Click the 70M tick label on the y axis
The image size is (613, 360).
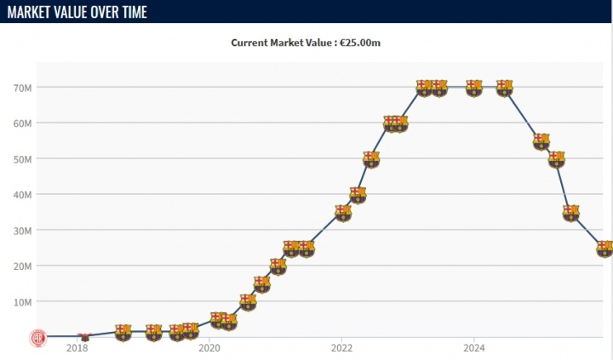23,88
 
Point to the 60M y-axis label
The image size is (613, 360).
23,123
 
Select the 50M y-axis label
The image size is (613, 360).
23,159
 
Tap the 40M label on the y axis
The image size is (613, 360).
23,195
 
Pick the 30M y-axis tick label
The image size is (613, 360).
23,231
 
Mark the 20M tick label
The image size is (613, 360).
23,266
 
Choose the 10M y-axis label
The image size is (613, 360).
23,302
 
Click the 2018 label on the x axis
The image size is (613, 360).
77,348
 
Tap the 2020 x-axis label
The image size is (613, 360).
209,348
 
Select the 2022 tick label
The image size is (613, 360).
342,348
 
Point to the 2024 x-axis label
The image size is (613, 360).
474,348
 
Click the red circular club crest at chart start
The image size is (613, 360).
38,337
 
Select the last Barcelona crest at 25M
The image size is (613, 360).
604,249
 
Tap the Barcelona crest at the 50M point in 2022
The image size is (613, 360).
370,159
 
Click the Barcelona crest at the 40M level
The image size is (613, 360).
358,195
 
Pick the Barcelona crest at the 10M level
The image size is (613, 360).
247,301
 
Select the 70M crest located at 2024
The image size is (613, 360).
474,88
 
